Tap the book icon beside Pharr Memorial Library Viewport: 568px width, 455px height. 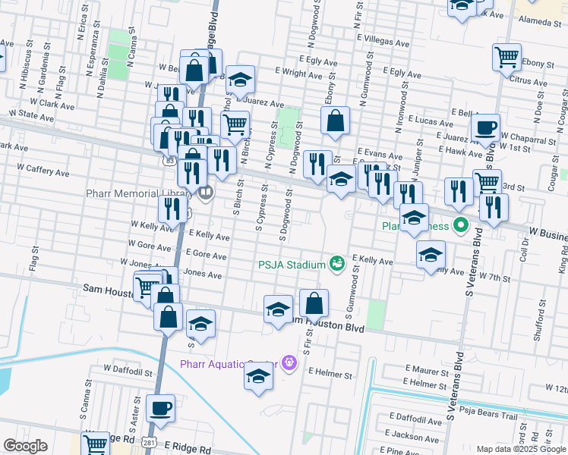tap(205, 193)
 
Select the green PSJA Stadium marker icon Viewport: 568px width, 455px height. tap(337, 264)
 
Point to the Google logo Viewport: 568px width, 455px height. tap(25, 446)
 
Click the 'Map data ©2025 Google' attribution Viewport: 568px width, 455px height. tap(521, 449)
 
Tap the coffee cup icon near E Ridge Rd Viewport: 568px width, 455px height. tap(160, 409)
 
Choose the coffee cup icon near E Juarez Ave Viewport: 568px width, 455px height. tap(485, 128)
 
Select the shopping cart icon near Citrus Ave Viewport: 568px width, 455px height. tap(506, 57)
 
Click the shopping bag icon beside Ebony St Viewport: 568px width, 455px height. tap(335, 120)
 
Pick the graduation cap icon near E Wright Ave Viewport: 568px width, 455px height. tap(240, 80)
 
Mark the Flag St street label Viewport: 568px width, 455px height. tap(33, 262)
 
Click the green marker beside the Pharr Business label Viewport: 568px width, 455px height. tap(459, 225)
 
